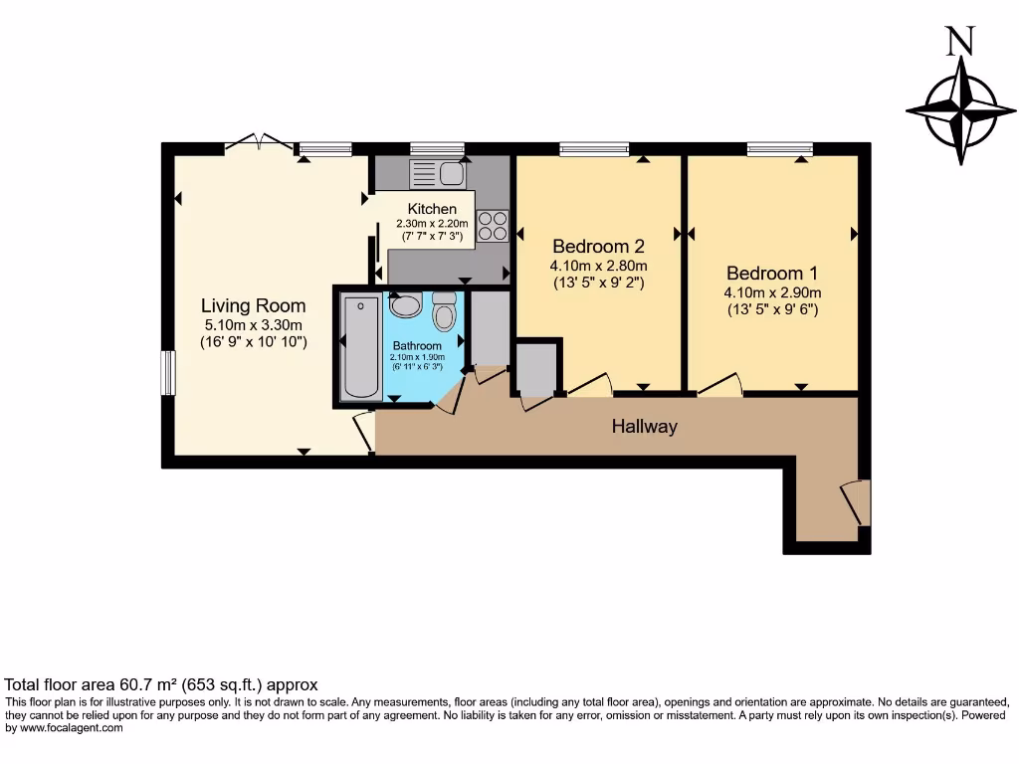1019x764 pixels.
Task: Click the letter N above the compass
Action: click(959, 41)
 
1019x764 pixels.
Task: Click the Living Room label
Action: click(253, 305)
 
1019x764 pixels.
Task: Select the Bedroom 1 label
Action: click(772, 274)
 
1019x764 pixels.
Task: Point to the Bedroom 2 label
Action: click(599, 247)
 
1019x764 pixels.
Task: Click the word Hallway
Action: click(644, 427)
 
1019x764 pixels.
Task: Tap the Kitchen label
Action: click(432, 209)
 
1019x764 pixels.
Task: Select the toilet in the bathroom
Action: click(444, 312)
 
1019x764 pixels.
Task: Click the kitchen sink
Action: click(437, 175)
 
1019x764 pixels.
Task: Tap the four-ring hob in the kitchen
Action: click(493, 226)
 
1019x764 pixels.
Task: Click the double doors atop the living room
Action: click(259, 144)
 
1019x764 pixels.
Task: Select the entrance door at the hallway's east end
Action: click(857, 501)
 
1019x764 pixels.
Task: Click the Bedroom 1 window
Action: click(779, 149)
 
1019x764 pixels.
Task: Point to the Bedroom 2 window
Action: click(593, 149)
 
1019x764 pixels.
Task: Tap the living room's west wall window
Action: click(168, 373)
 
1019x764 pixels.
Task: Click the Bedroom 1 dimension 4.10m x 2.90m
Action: click(772, 293)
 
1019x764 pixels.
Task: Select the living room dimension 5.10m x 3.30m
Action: click(253, 324)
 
